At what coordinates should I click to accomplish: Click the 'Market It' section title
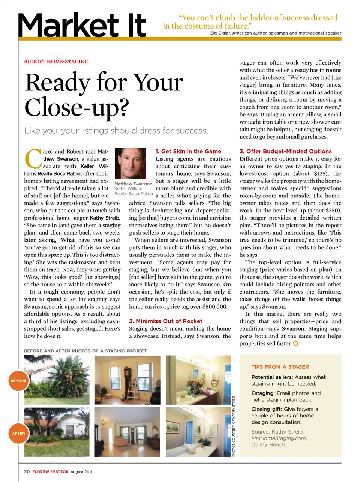[82, 26]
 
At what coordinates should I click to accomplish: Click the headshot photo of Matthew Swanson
[130, 164]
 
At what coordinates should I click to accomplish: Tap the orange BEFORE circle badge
[18, 380]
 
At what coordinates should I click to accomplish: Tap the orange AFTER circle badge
[18, 433]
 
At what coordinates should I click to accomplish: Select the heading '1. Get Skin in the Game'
[188, 151]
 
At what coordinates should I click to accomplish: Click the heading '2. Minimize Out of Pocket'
[165, 321]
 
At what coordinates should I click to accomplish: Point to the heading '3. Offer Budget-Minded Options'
[285, 151]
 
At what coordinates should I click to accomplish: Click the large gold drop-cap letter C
[33, 159]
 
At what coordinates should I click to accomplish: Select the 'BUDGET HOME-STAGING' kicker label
[56, 62]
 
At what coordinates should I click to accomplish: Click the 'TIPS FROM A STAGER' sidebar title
[280, 367]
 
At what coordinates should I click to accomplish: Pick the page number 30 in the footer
[27, 471]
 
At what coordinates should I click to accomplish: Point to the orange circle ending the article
[295, 343]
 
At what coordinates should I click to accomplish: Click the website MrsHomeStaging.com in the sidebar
[279, 438]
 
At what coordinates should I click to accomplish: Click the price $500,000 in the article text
[214, 307]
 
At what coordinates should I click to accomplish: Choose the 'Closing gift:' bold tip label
[267, 409]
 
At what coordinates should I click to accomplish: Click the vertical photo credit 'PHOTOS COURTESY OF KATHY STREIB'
[233, 426]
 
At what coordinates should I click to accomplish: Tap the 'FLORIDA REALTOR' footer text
[50, 472]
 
